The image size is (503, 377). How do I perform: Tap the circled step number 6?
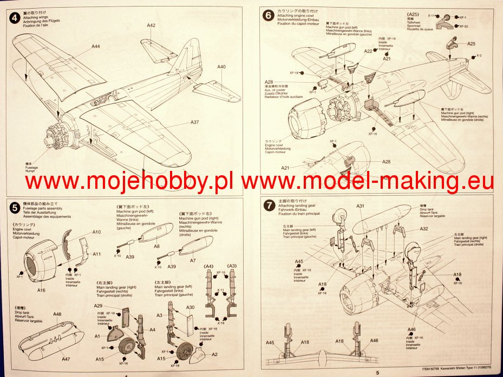point(267,15)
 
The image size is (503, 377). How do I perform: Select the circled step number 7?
point(267,206)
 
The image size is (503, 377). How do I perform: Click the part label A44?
point(95,47)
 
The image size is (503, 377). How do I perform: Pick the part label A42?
point(151,25)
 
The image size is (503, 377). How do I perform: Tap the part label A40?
point(221,67)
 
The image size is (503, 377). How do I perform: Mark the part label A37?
point(194,122)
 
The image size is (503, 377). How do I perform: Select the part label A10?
point(96,232)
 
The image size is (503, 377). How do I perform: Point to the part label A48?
point(57,314)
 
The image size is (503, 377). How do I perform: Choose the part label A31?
point(361,206)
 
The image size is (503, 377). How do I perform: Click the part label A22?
point(368,51)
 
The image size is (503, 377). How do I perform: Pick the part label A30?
point(190,307)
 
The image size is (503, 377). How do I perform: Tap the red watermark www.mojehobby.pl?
point(131,182)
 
